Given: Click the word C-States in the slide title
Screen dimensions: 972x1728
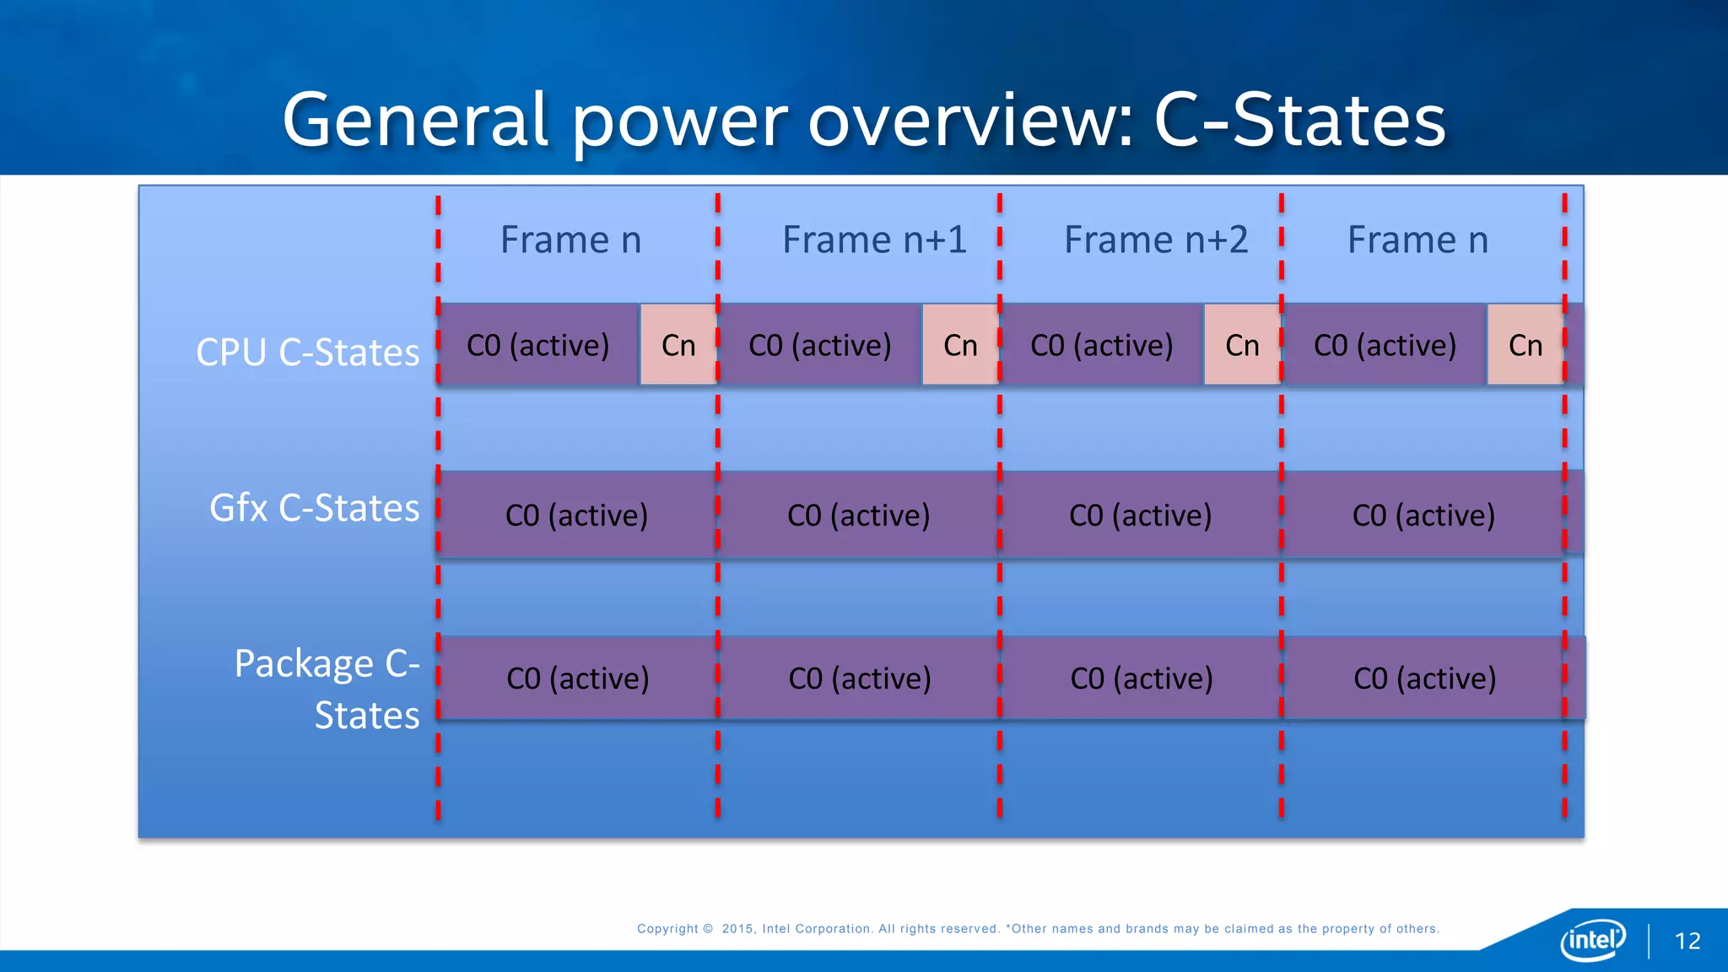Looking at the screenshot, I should click(x=1299, y=121).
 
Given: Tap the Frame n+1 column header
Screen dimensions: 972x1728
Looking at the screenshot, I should click(x=874, y=240).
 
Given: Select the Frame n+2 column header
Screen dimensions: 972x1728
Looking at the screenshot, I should click(x=1155, y=240).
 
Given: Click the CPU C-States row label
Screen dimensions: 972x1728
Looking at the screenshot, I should click(x=307, y=353).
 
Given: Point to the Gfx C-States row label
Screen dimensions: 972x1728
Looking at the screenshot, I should click(x=314, y=509).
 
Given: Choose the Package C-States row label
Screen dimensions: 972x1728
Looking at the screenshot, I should click(x=327, y=688).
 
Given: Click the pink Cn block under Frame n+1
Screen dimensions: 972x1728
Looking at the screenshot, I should click(x=960, y=345).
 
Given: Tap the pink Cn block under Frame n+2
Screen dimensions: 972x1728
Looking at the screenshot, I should click(x=1242, y=345).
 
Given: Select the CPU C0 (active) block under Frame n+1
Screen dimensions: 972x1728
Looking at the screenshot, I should click(x=820, y=345).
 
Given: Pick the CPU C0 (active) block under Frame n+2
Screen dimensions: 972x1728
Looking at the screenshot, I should click(x=1102, y=345).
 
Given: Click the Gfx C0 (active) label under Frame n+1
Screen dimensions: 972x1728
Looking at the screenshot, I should click(x=858, y=516).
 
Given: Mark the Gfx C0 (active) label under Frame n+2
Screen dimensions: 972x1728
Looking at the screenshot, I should click(x=1140, y=516).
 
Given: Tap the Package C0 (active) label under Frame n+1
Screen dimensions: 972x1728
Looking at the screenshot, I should click(x=859, y=678).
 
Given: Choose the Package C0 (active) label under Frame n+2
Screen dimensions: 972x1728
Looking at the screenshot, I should click(x=1141, y=678).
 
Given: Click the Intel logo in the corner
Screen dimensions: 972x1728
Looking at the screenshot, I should click(x=1592, y=939).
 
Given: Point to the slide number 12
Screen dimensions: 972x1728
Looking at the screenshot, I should click(x=1687, y=941).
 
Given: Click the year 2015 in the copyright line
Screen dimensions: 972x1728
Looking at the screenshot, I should click(x=737, y=929).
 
